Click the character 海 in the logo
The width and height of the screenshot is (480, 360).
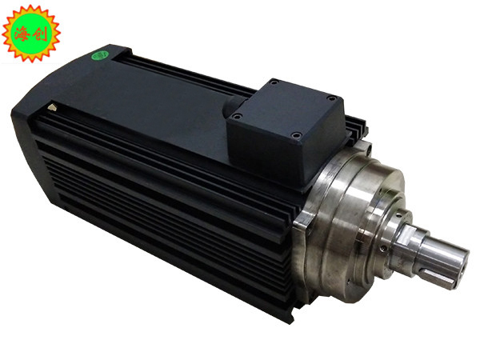coord(21,34)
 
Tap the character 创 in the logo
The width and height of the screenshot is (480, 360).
coord(39,34)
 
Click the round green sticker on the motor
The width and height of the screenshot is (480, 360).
coord(99,55)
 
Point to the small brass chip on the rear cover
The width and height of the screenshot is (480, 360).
coord(53,107)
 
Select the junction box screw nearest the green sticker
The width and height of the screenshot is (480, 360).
coord(274,82)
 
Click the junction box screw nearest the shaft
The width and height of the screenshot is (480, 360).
coord(296,135)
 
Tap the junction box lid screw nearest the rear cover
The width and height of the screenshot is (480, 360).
coord(237,116)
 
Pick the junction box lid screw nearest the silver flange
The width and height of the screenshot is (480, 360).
coord(332,98)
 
